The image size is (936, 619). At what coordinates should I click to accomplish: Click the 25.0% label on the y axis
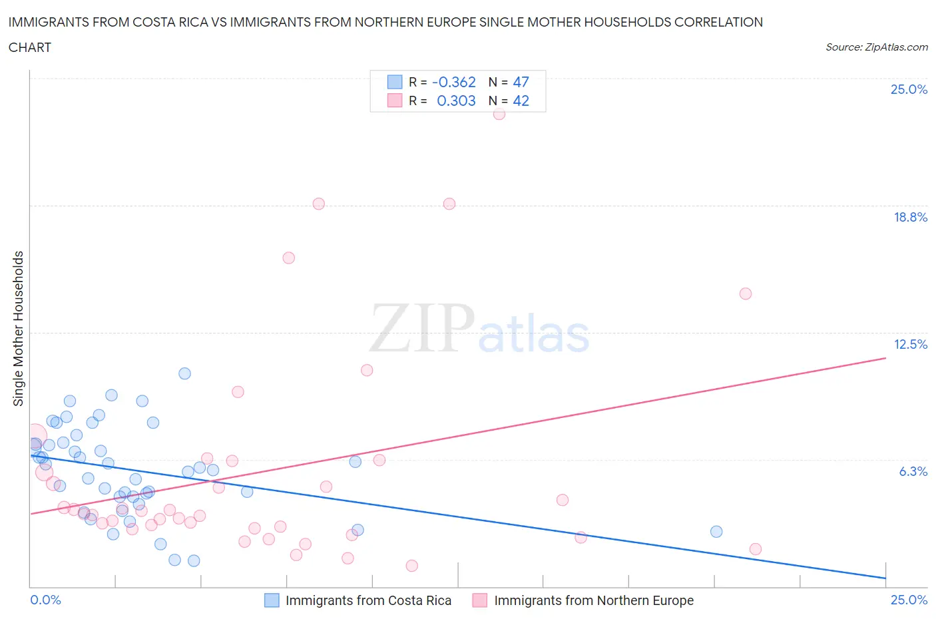(909, 89)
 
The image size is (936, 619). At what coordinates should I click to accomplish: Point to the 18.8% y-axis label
(910, 217)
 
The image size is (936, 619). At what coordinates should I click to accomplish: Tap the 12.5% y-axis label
(910, 344)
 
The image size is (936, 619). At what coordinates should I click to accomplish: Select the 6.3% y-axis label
(913, 471)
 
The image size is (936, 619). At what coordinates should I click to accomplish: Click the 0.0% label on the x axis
(45, 600)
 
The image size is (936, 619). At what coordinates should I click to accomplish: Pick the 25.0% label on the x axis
(909, 600)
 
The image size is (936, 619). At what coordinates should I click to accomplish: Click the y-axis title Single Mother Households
(19, 328)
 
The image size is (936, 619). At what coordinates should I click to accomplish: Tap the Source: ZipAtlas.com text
(876, 47)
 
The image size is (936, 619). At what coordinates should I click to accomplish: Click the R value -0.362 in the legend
(454, 82)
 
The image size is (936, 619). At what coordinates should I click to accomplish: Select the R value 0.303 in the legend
(456, 101)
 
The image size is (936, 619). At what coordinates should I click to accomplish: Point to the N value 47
(521, 82)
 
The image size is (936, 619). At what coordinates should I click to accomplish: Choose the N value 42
(521, 101)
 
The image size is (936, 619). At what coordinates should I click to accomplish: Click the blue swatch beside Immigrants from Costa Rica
(272, 600)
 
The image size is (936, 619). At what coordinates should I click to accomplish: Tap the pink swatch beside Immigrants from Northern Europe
(479, 600)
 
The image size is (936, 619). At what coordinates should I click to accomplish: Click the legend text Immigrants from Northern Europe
(594, 600)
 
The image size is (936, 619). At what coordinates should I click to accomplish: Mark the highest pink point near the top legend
(499, 114)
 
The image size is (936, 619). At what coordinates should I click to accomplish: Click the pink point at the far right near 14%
(746, 294)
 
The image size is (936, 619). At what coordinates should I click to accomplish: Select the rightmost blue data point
(716, 531)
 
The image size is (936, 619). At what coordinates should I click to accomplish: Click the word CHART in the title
(30, 47)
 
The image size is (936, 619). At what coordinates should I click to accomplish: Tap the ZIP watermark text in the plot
(422, 328)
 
